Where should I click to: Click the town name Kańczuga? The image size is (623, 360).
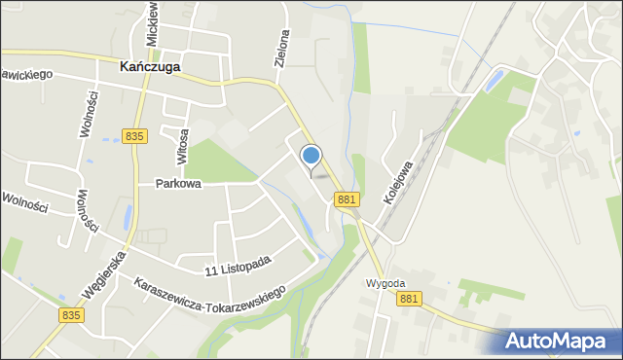point(149,67)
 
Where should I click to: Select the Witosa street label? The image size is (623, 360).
point(181,145)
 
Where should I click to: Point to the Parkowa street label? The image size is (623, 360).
point(178,183)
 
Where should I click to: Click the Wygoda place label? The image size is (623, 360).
point(385,283)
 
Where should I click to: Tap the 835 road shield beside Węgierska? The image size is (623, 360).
point(71,315)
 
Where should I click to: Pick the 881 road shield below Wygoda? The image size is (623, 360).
point(409,299)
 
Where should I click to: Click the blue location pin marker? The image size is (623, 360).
point(311,156)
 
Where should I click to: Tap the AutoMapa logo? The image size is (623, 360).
point(562,341)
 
